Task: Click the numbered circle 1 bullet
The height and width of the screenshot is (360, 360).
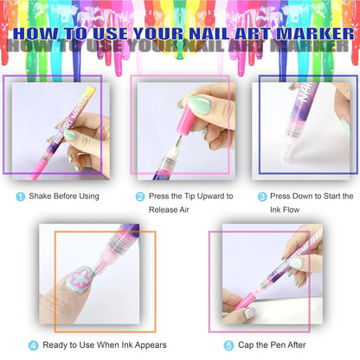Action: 21,196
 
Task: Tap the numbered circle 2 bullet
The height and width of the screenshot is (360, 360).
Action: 140,196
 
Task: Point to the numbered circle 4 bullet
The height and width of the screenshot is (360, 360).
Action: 34,345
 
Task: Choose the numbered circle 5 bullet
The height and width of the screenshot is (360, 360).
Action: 228,345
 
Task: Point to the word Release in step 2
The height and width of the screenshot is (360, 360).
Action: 165,211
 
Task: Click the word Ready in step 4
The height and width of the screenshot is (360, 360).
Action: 55,345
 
